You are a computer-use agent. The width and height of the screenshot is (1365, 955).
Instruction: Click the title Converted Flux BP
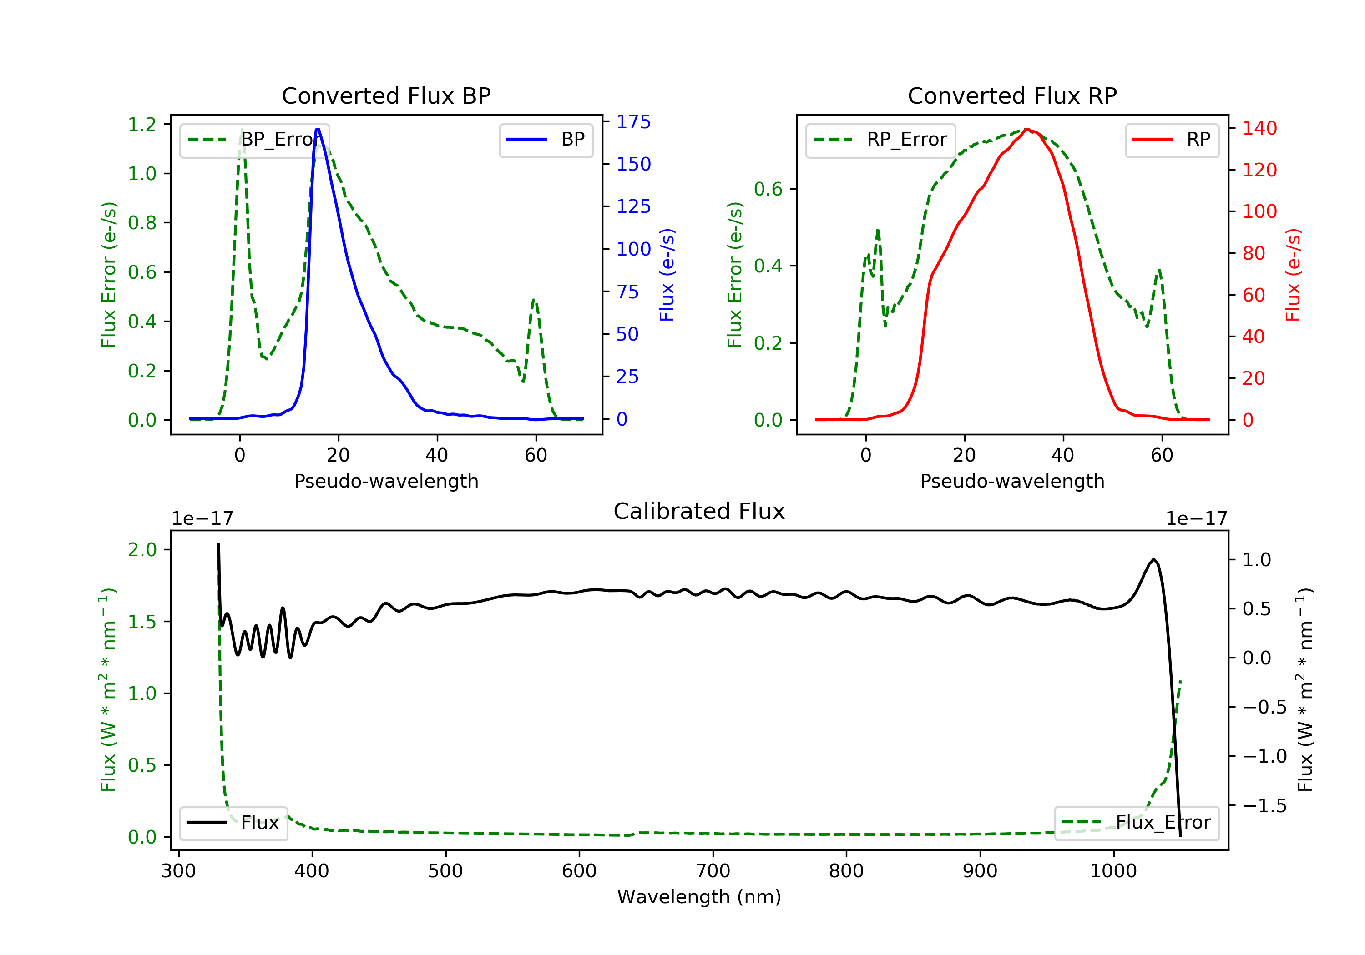pos(386,95)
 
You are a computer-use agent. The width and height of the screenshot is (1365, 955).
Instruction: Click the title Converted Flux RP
pos(1012,95)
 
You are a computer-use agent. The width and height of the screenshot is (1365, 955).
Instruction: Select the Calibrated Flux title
pos(699,511)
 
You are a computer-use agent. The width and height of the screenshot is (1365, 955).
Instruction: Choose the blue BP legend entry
pos(546,140)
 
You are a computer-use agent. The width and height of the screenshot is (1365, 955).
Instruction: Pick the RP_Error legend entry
pos(880,140)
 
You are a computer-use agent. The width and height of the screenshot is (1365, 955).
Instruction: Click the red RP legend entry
pos(1172,140)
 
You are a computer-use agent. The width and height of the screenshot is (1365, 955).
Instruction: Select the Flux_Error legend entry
pos(1136,823)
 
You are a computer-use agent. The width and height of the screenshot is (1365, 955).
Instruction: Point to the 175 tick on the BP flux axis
pos(634,122)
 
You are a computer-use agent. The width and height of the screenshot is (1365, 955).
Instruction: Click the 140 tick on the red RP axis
pos(1260,128)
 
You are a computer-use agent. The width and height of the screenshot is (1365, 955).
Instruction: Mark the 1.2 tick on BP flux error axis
pos(142,125)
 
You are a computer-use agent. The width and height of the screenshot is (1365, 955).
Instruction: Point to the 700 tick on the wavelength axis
pos(713,871)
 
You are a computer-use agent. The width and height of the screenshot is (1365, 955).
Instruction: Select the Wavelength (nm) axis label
pos(699,897)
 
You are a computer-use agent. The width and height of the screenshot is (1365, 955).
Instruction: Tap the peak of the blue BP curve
pos(318,129)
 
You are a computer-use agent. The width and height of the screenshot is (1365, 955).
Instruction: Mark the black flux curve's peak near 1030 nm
pos(1154,559)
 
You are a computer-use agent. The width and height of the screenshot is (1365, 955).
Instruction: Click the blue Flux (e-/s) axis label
pos(667,275)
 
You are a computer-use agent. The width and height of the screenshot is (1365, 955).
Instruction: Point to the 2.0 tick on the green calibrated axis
pos(142,550)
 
